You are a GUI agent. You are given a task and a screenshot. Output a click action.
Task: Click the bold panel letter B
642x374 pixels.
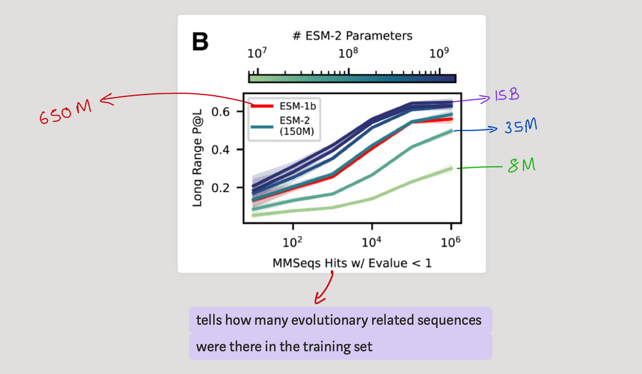[200, 42]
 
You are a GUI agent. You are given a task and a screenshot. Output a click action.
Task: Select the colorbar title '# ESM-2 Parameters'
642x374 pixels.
[352, 35]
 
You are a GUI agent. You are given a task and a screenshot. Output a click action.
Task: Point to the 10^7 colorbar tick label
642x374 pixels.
[256, 53]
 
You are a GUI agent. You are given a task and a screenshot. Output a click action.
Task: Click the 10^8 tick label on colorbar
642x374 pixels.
[347, 53]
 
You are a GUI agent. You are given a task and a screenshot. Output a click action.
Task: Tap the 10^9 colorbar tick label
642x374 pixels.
[438, 53]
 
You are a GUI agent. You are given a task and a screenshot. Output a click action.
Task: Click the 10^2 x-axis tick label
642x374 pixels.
[293, 243]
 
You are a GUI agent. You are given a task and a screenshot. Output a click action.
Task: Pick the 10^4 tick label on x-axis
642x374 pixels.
[372, 243]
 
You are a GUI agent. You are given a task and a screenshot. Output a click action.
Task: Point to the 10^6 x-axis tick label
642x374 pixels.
[451, 243]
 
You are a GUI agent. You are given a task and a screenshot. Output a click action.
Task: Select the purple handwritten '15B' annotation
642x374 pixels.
[506, 95]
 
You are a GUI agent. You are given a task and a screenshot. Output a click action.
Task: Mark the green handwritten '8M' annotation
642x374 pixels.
[522, 166]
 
